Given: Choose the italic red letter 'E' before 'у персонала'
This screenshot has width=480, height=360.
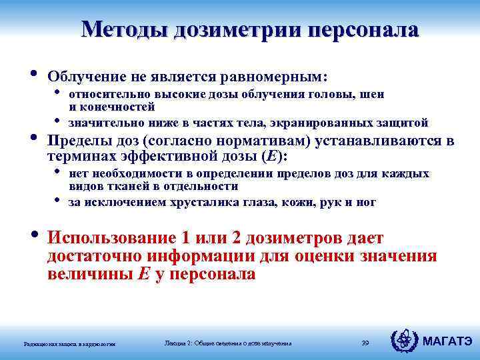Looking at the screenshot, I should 143,274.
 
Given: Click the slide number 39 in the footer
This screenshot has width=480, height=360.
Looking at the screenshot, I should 365,343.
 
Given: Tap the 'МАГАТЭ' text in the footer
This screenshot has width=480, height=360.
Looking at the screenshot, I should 447,342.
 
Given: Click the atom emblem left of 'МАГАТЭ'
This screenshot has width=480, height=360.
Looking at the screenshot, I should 404,341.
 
